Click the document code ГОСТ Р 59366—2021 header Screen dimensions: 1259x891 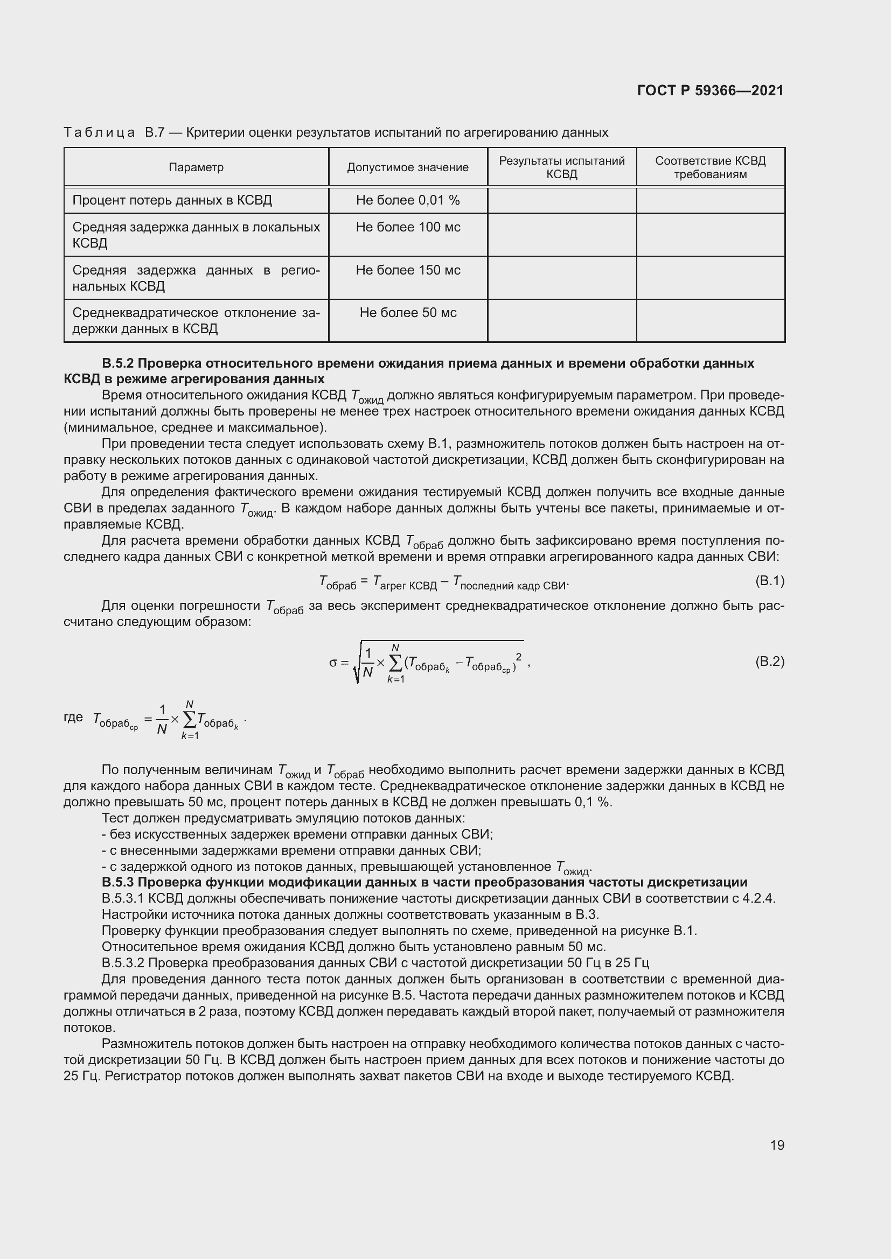point(710,90)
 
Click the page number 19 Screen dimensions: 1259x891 point(777,1145)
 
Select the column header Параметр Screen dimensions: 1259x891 point(196,167)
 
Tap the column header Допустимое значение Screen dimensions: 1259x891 point(408,167)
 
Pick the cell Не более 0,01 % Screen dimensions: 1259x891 point(408,200)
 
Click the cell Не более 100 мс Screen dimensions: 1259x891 point(408,227)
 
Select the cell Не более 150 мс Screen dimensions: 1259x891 point(408,270)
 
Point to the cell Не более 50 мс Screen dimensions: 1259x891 point(408,313)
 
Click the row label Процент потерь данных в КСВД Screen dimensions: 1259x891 point(172,200)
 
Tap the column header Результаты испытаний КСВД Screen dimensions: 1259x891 point(562,167)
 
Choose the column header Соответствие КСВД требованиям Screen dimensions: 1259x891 point(710,167)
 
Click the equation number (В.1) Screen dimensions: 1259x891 point(770,581)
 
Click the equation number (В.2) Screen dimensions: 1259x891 point(770,662)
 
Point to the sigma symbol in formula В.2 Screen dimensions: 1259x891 point(333,663)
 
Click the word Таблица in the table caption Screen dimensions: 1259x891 point(99,133)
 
